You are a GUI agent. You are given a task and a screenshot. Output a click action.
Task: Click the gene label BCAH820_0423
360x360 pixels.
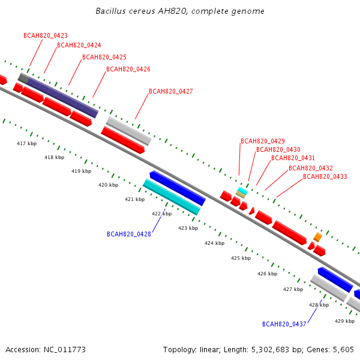coord(46,35)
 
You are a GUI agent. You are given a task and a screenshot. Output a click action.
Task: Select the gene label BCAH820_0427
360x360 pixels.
coord(171,91)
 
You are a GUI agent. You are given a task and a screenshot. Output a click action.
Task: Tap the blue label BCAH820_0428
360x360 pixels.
coord(129,234)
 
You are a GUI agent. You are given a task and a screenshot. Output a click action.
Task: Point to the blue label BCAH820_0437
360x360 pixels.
coord(284,324)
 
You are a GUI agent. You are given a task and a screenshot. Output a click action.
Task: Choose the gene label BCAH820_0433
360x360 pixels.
coord(325,176)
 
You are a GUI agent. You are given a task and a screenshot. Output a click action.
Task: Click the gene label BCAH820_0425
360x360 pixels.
coord(104,57)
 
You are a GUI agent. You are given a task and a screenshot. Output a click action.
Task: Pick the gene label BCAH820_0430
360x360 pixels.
coord(278,149)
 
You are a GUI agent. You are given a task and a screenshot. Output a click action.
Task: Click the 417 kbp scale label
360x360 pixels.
coord(26,144)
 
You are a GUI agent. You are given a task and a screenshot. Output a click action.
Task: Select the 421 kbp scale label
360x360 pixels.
coord(135,200)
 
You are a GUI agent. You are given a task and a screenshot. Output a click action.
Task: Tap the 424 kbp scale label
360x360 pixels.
coord(214,243)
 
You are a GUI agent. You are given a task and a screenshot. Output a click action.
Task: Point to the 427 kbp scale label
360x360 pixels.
coord(293,289)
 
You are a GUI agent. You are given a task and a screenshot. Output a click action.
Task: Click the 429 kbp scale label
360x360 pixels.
coord(344,321)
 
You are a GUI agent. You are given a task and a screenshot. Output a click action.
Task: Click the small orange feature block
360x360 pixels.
coord(318,237)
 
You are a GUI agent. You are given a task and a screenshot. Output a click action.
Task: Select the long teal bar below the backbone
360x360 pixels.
coord(172,197)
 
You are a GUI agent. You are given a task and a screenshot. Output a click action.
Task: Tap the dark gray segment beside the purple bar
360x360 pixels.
coord(23,78)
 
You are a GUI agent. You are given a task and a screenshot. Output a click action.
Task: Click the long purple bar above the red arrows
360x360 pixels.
coord(62,98)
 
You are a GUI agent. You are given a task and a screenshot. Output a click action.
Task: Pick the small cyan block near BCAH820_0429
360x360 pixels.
coord(242,191)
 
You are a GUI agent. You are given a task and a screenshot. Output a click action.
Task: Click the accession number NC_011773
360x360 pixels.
coord(65,350)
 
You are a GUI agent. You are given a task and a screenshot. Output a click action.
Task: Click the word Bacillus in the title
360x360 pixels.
coord(110,11)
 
